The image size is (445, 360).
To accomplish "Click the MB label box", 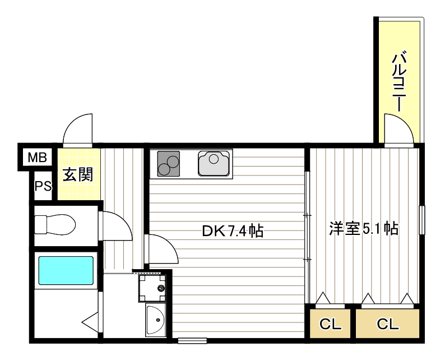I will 38,158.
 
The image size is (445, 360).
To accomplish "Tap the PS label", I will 43,186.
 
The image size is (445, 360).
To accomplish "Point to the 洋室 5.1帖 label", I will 364,228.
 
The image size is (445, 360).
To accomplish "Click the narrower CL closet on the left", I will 330,324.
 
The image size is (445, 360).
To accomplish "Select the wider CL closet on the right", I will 387,324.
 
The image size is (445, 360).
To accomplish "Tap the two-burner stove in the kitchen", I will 169,163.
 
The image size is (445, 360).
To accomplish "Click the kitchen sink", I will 214,163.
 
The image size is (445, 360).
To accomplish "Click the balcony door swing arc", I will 399,128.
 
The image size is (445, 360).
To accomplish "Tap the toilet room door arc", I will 116,227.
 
